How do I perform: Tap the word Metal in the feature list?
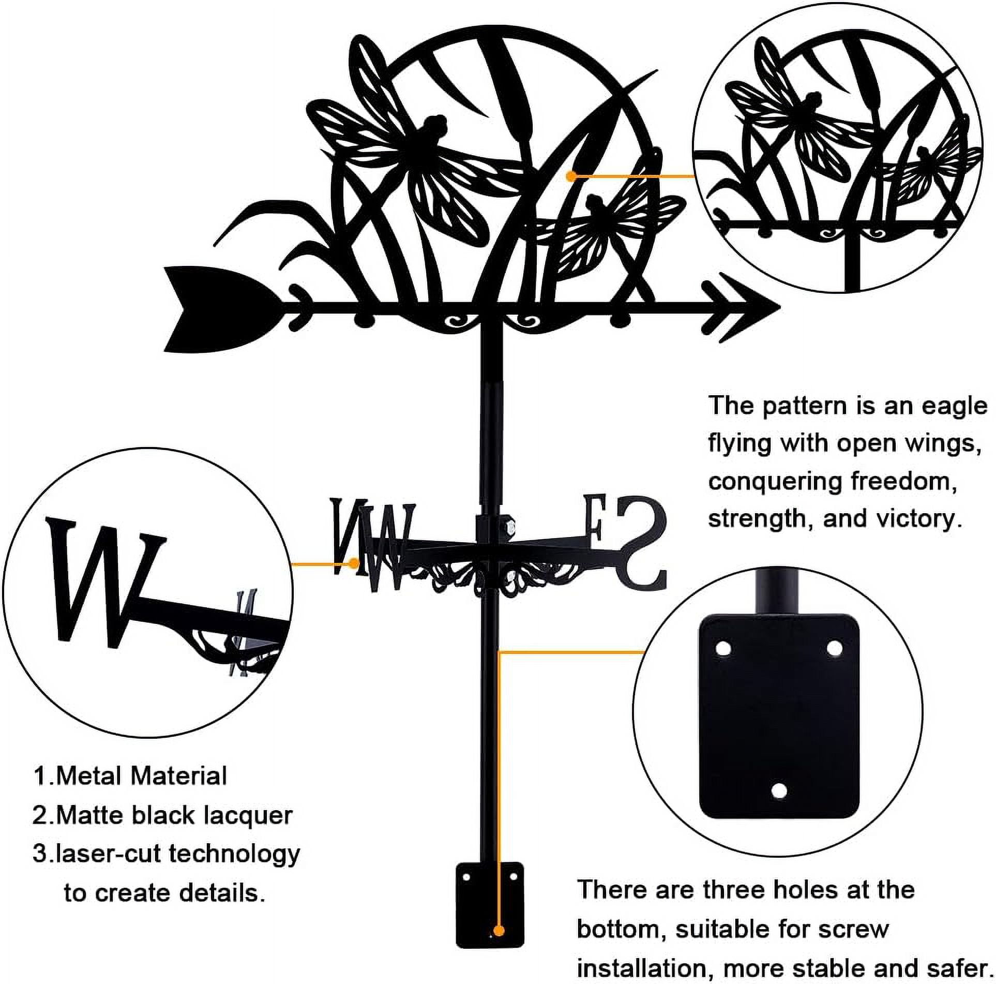pos(89,791)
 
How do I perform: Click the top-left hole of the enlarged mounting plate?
pos(722,647)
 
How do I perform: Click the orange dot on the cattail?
pos(571,176)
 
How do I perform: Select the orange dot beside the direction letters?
pos(354,562)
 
